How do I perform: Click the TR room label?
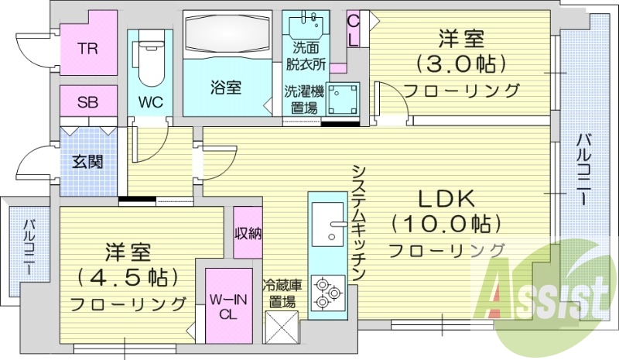click(x=87, y=48)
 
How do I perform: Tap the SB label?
click(x=87, y=101)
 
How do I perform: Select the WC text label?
click(x=149, y=101)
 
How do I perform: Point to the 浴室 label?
click(x=225, y=88)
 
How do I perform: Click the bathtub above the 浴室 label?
click(x=227, y=34)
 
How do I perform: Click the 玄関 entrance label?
click(x=87, y=163)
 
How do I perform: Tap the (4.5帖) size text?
click(x=128, y=276)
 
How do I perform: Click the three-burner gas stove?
click(x=328, y=292)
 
